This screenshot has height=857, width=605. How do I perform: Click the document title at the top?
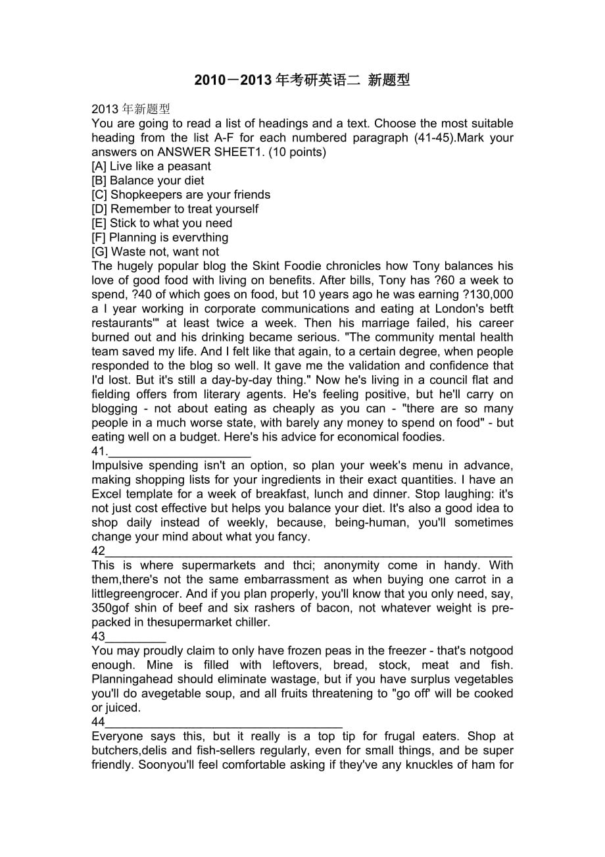[302, 81]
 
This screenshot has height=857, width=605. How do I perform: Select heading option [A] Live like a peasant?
[151, 167]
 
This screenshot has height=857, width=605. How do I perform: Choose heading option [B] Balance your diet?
[148, 180]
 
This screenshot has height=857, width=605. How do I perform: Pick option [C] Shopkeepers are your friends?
[181, 195]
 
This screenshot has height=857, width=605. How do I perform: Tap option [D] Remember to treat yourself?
[175, 209]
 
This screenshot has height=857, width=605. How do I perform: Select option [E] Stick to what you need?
[162, 223]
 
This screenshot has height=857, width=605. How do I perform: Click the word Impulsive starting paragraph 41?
[118, 466]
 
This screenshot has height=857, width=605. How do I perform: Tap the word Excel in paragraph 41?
[107, 494]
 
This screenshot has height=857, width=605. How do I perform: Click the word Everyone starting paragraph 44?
[118, 737]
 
